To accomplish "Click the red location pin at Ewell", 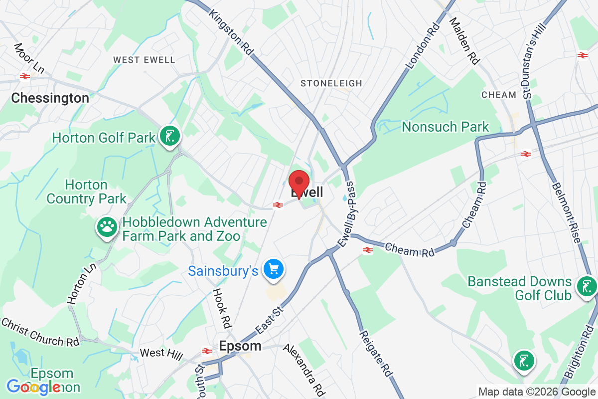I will [299, 183].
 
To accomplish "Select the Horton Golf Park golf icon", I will [170, 136].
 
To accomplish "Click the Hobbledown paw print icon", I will [107, 227].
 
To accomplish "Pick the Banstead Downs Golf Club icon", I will [586, 287].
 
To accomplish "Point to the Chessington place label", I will [50, 98].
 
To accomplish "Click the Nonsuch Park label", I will [446, 127].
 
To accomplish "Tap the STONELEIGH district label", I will [331, 83].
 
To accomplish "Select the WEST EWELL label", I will [144, 60].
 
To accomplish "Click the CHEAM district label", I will [498, 95].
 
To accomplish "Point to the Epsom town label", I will [240, 346].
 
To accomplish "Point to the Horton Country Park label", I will [87, 192].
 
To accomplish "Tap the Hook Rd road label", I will [222, 305].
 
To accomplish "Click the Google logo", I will [34, 387].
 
